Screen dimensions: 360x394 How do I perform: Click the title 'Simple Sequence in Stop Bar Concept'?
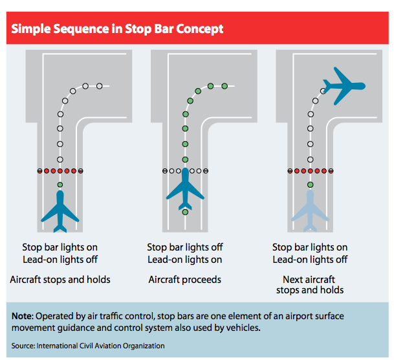pyautogui.click(x=117, y=29)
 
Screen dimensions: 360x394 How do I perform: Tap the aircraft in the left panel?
pyautogui.click(x=60, y=212)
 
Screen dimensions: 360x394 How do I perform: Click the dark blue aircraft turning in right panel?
pyautogui.click(x=344, y=85)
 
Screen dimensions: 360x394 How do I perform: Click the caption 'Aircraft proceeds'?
pyautogui.click(x=185, y=280)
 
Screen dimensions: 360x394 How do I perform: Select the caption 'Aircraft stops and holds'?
pyautogui.click(x=60, y=280)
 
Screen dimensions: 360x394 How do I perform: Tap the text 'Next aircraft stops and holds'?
pyautogui.click(x=310, y=285)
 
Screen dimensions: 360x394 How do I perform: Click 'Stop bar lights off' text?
pyautogui.click(x=185, y=247)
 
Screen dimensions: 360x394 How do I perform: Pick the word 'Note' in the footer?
pyautogui.click(x=23, y=317)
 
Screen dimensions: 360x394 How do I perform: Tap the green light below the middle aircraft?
pyautogui.click(x=186, y=212)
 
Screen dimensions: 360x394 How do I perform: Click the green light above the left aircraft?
pyautogui.click(x=60, y=185)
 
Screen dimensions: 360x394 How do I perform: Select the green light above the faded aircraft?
pyautogui.click(x=311, y=185)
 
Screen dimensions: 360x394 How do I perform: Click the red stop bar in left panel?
pyautogui.click(x=60, y=171)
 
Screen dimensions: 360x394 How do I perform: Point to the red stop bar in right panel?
pyautogui.click(x=311, y=171)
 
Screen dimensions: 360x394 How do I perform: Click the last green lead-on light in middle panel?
pyautogui.click(x=224, y=85)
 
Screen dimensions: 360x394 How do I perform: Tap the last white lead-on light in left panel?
pyautogui.click(x=99, y=85)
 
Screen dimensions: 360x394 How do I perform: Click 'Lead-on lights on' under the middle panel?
pyautogui.click(x=185, y=260)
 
